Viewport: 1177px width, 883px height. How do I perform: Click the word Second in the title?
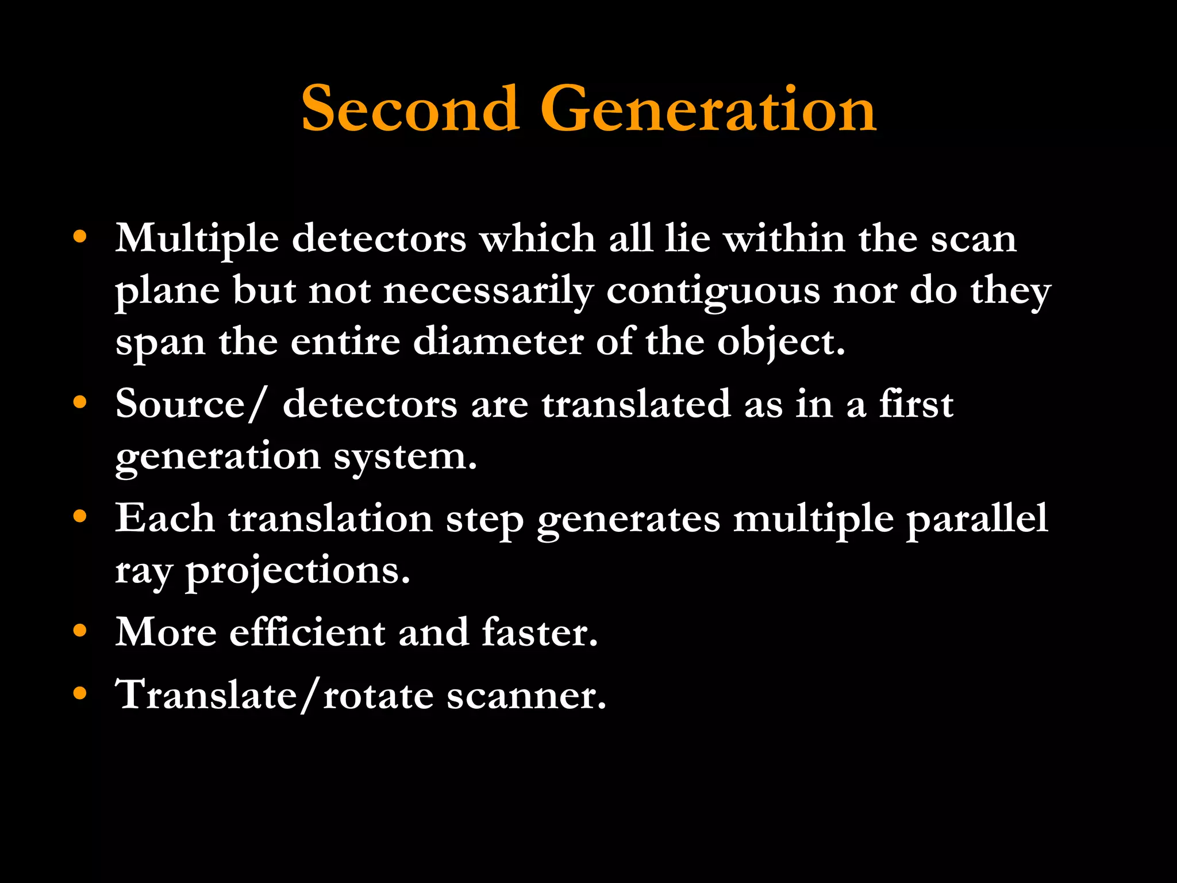pyautogui.click(x=410, y=109)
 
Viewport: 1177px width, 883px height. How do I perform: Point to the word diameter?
pyautogui.click(x=498, y=342)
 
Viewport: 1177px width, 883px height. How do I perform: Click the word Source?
pyautogui.click(x=180, y=404)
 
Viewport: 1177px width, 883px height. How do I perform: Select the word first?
pyautogui.click(x=916, y=404)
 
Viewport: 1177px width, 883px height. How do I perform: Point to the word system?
pyautogui.click(x=405, y=458)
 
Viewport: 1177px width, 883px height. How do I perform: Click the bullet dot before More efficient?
pyautogui.click(x=80, y=631)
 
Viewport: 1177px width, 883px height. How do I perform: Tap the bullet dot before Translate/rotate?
pyautogui.click(x=80, y=693)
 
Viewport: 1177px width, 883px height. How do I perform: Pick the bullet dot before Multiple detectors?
pyautogui.click(x=80, y=236)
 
